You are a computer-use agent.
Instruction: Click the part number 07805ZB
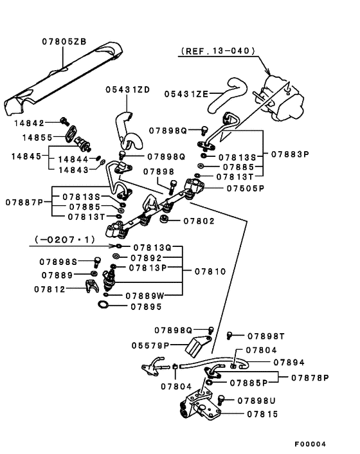[x=64, y=41]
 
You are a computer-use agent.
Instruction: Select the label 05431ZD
[x=128, y=90]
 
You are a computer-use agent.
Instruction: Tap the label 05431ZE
[x=186, y=94]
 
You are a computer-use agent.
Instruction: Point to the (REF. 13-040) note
[x=218, y=51]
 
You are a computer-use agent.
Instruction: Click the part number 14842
[x=29, y=123]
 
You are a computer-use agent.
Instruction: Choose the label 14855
[x=38, y=137]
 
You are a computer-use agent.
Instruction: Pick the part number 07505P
[x=246, y=188]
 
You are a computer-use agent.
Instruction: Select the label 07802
[x=199, y=221]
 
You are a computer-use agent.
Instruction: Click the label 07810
[x=210, y=271]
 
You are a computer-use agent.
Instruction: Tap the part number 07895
[x=146, y=307]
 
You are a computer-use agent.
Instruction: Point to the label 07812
[x=50, y=289]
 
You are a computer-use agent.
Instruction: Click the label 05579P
[x=150, y=346]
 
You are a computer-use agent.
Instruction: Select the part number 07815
[x=262, y=414]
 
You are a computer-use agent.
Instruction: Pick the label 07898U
[x=256, y=401]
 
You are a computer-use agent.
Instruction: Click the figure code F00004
[x=310, y=444]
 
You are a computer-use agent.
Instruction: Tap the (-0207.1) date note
[x=65, y=240]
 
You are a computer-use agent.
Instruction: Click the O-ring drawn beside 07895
[x=103, y=304]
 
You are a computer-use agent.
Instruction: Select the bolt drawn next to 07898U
[x=221, y=400]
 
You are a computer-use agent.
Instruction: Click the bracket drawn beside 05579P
[x=197, y=346]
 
